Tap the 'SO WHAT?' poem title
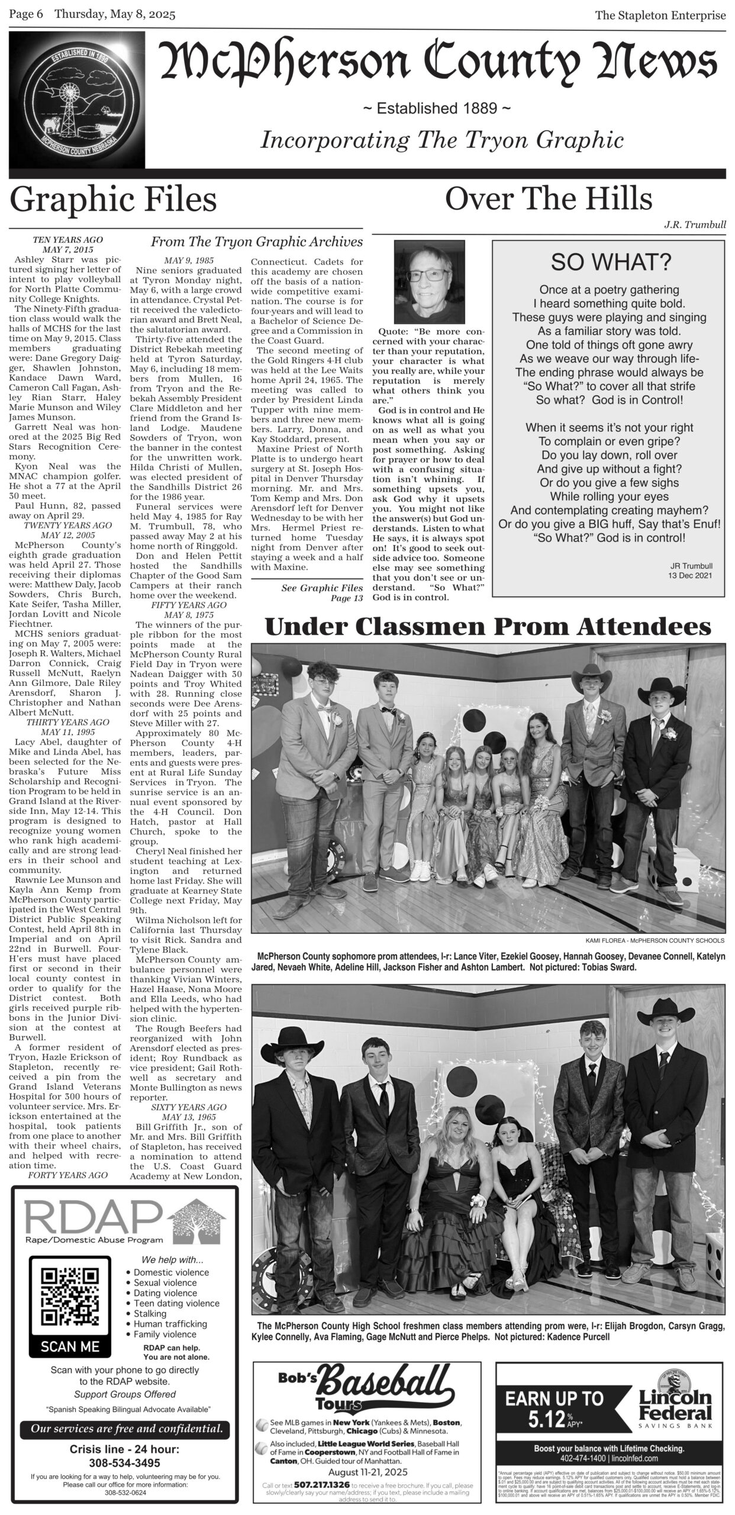click(x=608, y=262)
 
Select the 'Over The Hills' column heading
click(x=548, y=199)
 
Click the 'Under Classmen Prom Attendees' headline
click(x=488, y=628)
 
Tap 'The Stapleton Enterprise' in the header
click(x=660, y=16)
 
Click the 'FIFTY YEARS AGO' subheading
click(x=188, y=605)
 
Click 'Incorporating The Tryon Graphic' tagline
click(x=442, y=140)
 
